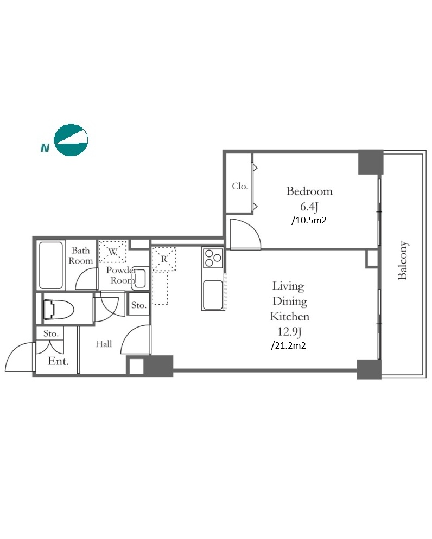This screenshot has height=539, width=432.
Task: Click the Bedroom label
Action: pyautogui.click(x=309, y=191)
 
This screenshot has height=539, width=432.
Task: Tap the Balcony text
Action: pyautogui.click(x=402, y=260)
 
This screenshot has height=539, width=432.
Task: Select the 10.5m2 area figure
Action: pyautogui.click(x=309, y=220)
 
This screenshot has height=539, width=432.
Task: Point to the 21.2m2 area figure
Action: pyautogui.click(x=288, y=345)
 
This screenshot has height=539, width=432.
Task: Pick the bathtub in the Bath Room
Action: pyautogui.click(x=51, y=265)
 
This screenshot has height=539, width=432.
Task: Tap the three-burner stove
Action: pyautogui.click(x=213, y=258)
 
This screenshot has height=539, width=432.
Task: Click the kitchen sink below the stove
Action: pyautogui.click(x=213, y=295)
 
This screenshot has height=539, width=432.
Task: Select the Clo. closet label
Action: pyautogui.click(x=240, y=186)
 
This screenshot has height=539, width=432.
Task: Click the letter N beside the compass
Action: pyautogui.click(x=45, y=148)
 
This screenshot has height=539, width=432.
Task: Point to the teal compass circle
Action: pyautogui.click(x=71, y=140)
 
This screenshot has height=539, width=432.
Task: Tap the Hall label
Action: pyautogui.click(x=104, y=344)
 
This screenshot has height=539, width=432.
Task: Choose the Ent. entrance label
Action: pyautogui.click(x=58, y=361)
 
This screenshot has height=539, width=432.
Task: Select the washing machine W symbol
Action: pyautogui.click(x=113, y=252)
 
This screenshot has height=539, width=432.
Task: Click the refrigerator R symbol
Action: pyautogui.click(x=164, y=259)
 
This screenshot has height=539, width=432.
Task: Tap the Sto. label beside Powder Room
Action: pyautogui.click(x=138, y=305)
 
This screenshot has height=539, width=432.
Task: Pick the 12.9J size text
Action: pyautogui.click(x=290, y=332)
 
